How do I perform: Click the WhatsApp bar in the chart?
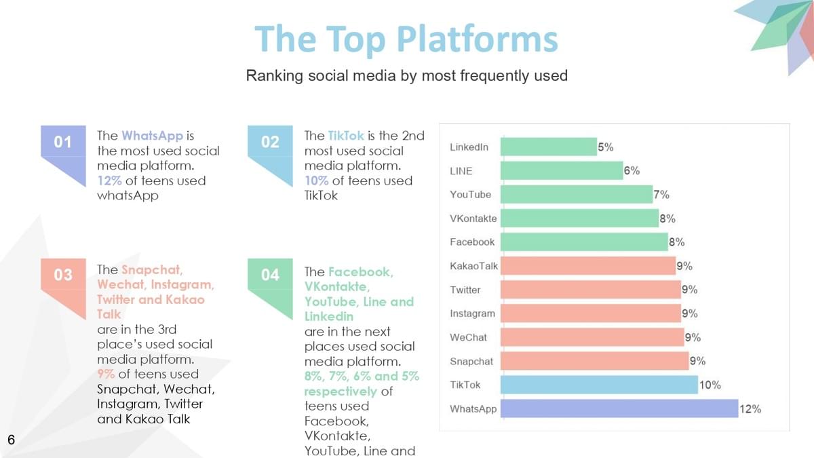click(619, 408)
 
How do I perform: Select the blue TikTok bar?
click(599, 385)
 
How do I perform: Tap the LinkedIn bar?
click(548, 147)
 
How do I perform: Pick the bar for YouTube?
click(577, 195)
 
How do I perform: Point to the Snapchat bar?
click(594, 361)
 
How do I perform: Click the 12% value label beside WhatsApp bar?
click(750, 409)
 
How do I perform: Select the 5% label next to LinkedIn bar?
click(605, 147)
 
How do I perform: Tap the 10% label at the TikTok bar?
click(710, 385)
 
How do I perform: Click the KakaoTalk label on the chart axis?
click(473, 266)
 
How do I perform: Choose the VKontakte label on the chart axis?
click(473, 218)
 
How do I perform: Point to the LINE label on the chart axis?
click(461, 171)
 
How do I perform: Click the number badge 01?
click(63, 142)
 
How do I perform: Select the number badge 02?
click(270, 142)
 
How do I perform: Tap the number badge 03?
click(63, 274)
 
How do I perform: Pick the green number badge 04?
click(270, 274)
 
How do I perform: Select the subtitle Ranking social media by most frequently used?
click(406, 75)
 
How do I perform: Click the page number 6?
click(11, 440)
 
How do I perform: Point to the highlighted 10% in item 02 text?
click(316, 180)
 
